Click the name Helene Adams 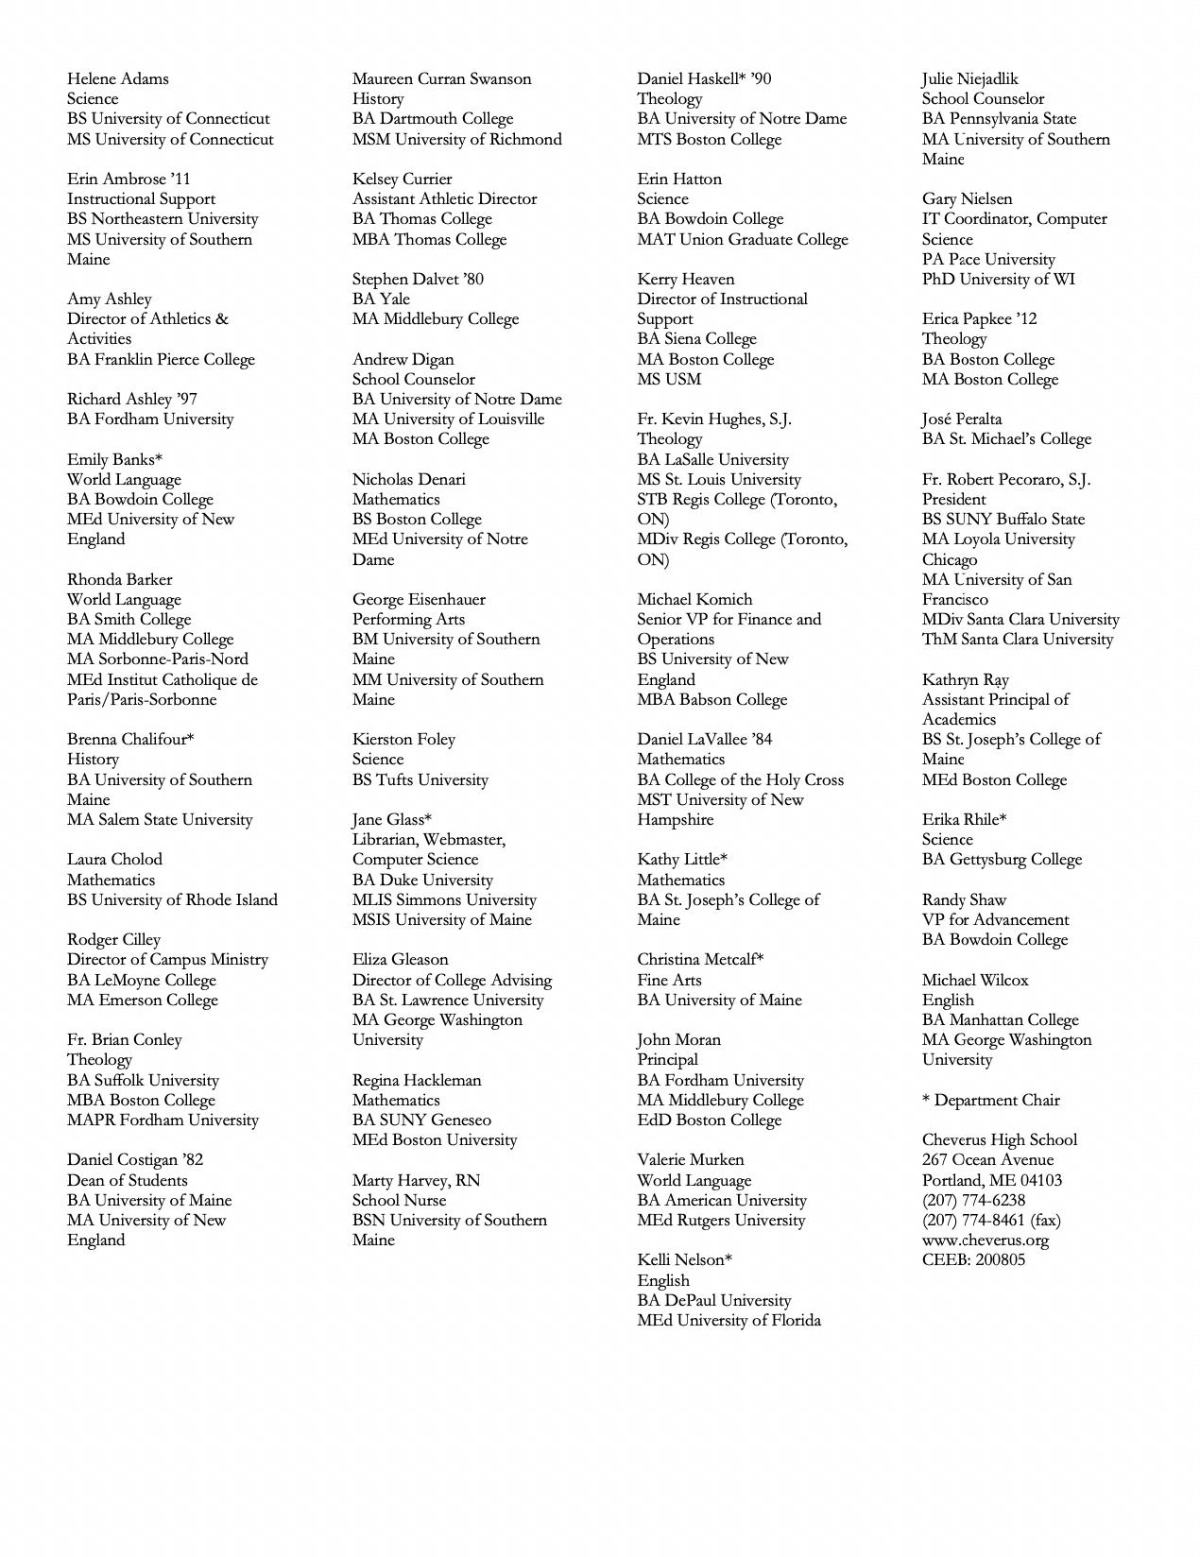coord(117,78)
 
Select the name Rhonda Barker coord(119,579)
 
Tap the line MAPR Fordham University coord(163,1120)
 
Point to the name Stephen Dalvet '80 coord(418,279)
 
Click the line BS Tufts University coord(420,779)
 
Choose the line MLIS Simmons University coord(444,899)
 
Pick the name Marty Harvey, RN coord(416,1180)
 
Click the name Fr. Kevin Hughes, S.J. coord(714,419)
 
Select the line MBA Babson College coord(711,699)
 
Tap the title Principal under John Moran coord(667,1059)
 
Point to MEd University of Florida coord(729,1320)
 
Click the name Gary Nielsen coord(967,198)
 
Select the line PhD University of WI coord(998,279)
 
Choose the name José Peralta coord(962,419)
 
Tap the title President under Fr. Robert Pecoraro coord(953,499)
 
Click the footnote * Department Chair coord(990,1100)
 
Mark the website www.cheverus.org coord(986,1240)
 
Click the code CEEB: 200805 coord(973,1259)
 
